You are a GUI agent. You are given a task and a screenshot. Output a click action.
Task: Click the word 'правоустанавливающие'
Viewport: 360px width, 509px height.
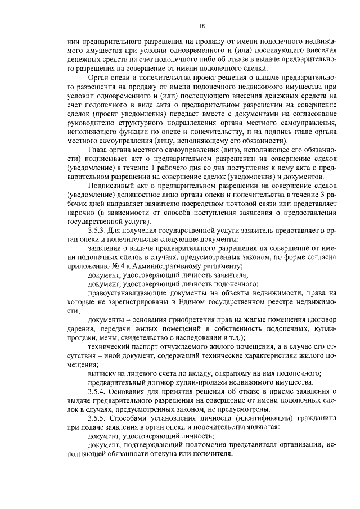pos(127,292)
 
